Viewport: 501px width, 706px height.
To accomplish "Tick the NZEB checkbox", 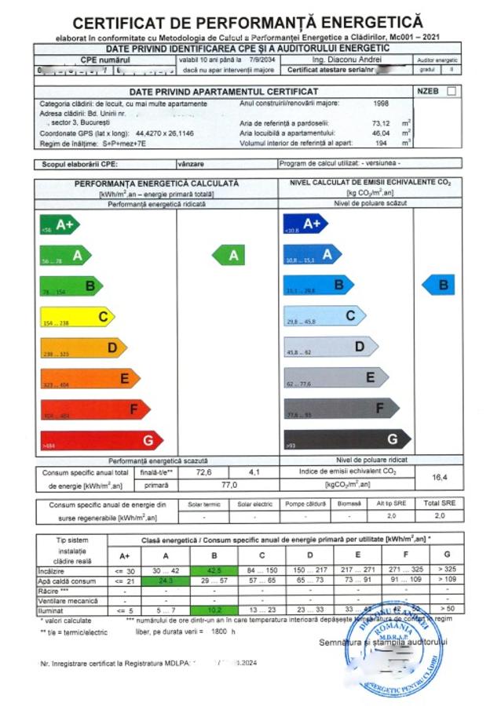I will point(451,92).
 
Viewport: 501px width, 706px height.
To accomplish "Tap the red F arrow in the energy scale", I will point(94,409).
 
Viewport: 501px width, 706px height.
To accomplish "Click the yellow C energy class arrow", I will point(77,317).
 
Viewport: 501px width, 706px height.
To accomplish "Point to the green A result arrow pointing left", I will point(229,255).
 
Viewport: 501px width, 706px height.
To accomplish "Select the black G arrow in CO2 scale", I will point(346,439).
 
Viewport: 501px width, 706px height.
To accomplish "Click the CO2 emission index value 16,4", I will point(440,477).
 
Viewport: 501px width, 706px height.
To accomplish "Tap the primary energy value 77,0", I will point(229,486).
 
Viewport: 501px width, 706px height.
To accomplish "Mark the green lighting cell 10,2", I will point(213,609).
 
